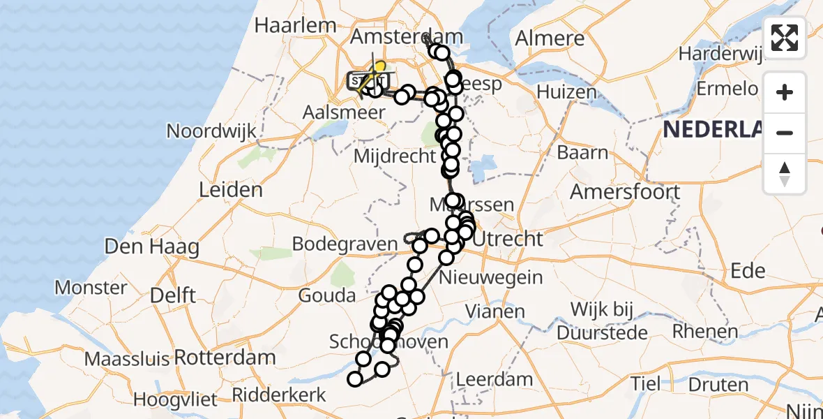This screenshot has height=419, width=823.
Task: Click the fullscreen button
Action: pos(785,38)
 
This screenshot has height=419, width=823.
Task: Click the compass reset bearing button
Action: pos(785,174)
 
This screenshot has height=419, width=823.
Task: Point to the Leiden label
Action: pos(230,189)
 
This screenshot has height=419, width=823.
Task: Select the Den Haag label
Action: pos(151,246)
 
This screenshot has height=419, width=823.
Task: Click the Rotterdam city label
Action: pos(225,358)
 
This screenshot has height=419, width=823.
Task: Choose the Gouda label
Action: pos(326,295)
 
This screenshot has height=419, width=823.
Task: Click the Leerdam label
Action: pos(494,379)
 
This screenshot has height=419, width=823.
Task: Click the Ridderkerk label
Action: pos(278,395)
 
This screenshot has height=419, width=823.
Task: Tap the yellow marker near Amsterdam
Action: pos(379,68)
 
